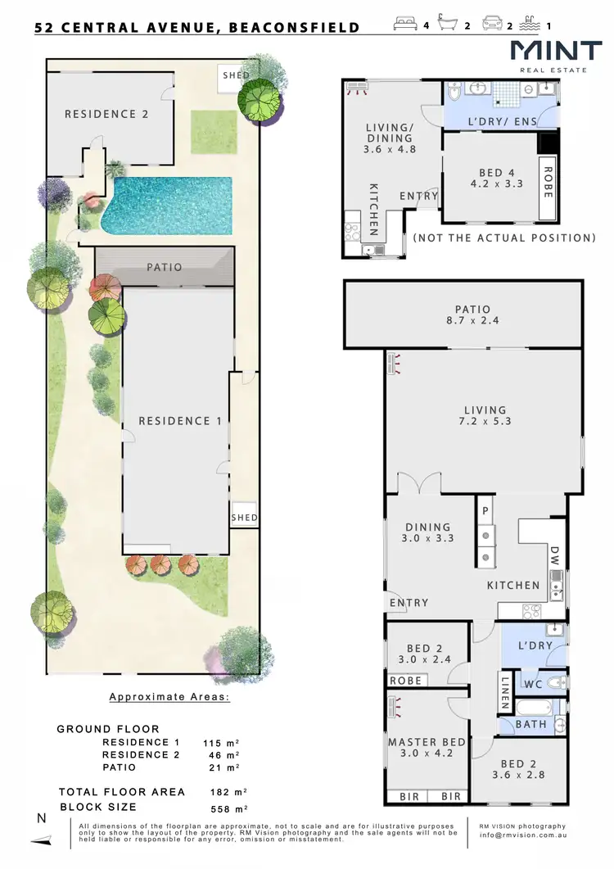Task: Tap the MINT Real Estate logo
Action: click(556, 55)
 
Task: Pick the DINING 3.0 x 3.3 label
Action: click(428, 532)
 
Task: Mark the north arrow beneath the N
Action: click(41, 840)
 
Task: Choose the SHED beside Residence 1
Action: click(244, 518)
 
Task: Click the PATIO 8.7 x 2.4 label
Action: click(472, 315)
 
